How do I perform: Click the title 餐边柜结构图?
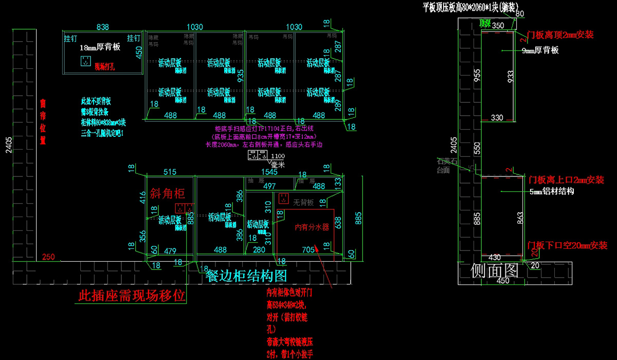coord(246,276)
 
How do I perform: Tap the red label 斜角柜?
coord(167,194)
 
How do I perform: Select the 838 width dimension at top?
coord(103,27)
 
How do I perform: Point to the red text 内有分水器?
coord(312,227)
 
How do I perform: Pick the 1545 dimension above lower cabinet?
coord(269,172)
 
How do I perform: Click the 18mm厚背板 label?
coord(100,47)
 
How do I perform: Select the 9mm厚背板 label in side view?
coord(540,50)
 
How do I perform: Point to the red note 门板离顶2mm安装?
coord(560,35)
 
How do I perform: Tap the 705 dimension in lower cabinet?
coord(308,250)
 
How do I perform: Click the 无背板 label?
coord(303,203)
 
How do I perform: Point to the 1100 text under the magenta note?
coord(278,156)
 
